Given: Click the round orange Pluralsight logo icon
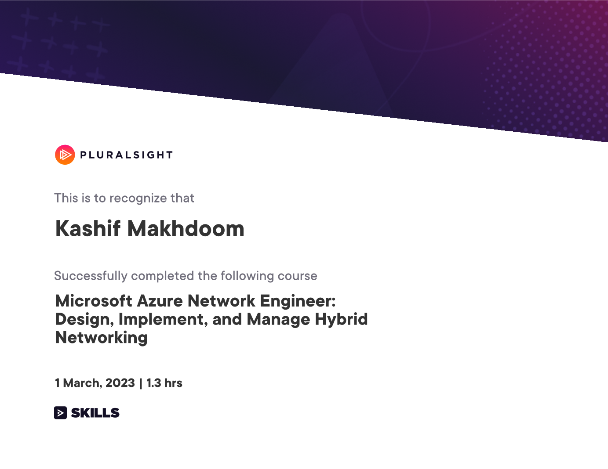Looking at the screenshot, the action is pos(65,155).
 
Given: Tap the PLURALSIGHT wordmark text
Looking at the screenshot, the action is pos(127,155).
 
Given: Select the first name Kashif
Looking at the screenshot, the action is pos(88,229).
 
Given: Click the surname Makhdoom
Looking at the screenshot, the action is pos(186,229).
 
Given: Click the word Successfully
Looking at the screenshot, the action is pos(91,276).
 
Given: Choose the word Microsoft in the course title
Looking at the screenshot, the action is pos(94,301).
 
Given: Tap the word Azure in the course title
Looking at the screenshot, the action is pos(160,301).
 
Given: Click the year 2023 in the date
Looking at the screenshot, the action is pos(120,383).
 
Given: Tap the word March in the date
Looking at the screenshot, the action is pos(83,383).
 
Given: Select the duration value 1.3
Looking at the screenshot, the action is pos(153,383).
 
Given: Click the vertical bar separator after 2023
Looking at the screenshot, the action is pos(140,383).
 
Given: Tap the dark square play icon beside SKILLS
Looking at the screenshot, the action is pos(60,412).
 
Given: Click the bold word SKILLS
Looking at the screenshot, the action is pos(95,413).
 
